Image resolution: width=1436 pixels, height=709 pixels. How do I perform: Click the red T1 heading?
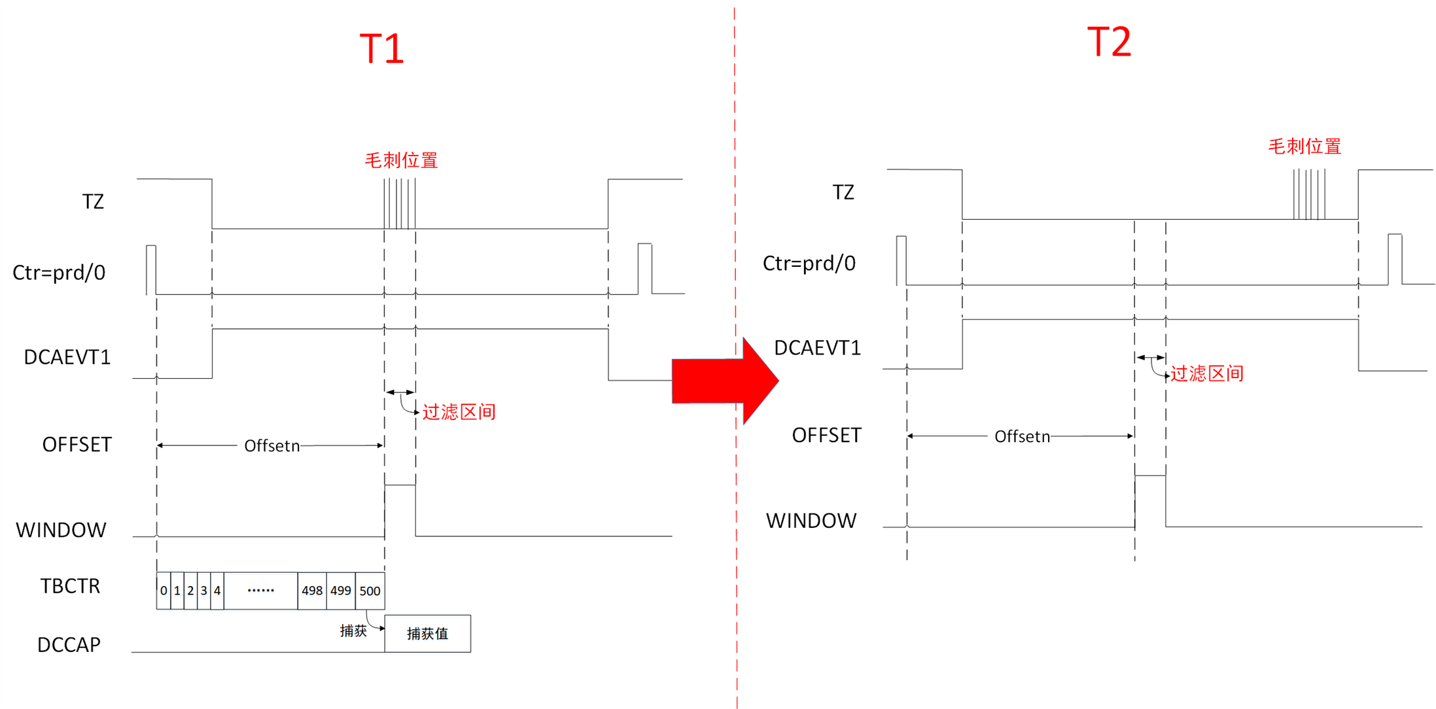coord(382,48)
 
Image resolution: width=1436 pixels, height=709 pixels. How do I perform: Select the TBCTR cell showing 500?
coord(370,591)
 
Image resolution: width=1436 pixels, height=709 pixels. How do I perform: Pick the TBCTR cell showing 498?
coord(312,591)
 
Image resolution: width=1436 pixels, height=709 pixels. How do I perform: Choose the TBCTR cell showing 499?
coord(341,591)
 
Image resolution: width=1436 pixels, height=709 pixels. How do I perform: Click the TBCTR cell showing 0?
coord(164,591)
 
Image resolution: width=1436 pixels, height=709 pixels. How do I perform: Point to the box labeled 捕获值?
coord(427,634)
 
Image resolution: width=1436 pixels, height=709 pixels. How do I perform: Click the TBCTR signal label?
coord(70,586)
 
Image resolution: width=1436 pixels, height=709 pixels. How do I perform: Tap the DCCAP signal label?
coord(69,645)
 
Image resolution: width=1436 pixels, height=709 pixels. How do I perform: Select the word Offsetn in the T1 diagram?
coord(271,446)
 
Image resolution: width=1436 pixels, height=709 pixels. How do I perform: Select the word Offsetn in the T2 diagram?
coord(1022,437)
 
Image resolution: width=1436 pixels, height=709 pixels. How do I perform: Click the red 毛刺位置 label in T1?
coord(401,160)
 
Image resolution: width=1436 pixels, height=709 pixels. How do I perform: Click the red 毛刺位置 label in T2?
coord(1305,147)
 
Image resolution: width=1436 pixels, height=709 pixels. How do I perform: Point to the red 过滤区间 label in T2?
coord(1206,373)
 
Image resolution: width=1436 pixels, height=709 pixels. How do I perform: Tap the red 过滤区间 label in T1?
coord(459,412)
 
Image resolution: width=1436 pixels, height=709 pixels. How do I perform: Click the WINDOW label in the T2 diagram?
coord(811,521)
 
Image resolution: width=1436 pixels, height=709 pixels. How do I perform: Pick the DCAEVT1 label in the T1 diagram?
coord(67,357)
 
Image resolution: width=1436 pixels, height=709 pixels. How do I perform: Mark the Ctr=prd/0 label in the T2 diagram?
coord(809,264)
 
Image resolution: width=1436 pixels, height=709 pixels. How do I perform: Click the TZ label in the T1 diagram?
coord(93,201)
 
